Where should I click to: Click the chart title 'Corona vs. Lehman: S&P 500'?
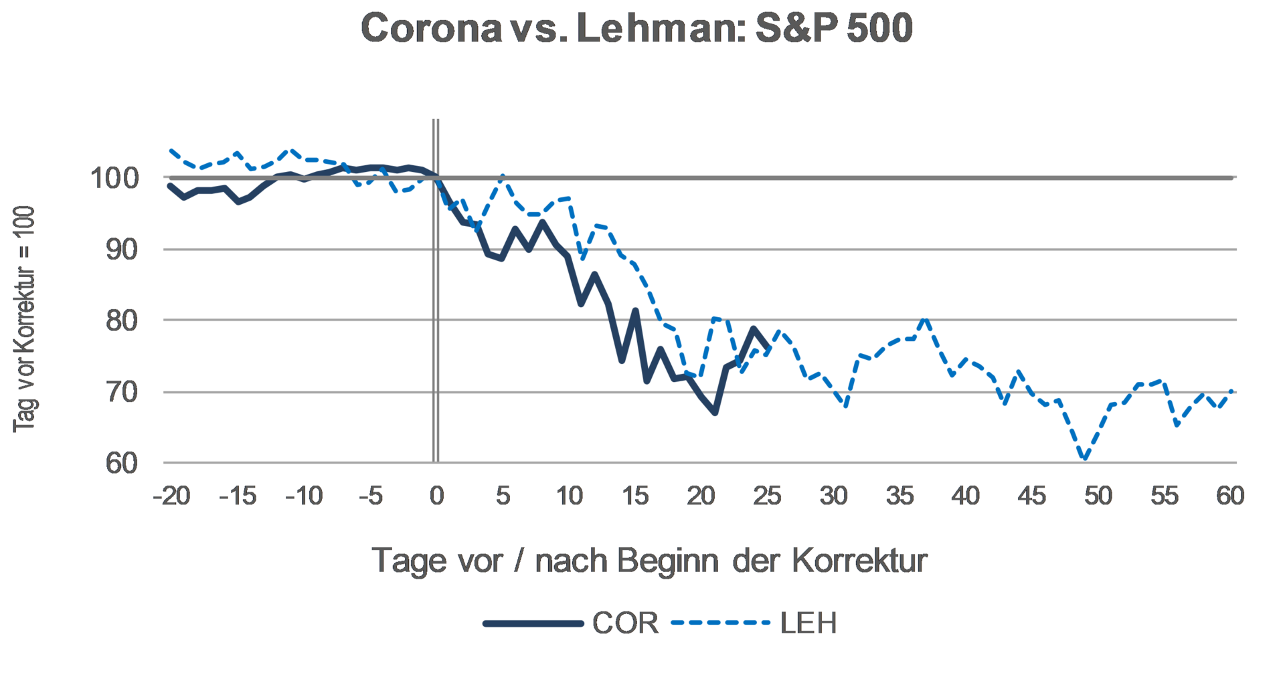pyautogui.click(x=636, y=29)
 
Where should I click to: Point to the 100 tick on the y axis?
pyautogui.click(x=114, y=179)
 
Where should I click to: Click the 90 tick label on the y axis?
pyautogui.click(x=122, y=250)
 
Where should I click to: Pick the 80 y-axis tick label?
pyautogui.click(x=122, y=321)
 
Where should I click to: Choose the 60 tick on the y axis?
pyautogui.click(x=122, y=463)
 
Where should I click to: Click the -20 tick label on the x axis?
pyautogui.click(x=172, y=496)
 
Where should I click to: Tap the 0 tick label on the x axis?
pyautogui.click(x=436, y=496)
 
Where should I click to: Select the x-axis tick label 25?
pyautogui.click(x=767, y=496)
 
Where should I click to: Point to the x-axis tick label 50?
pyautogui.click(x=1098, y=496)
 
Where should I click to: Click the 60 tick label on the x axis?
pyautogui.click(x=1230, y=496)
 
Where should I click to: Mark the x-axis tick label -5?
pyautogui.click(x=371, y=496)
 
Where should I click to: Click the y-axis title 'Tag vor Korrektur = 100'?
pyautogui.click(x=24, y=319)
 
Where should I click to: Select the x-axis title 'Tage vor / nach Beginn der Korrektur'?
pyautogui.click(x=649, y=561)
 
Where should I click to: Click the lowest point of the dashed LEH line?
pyautogui.click(x=1085, y=460)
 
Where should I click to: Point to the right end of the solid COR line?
pyautogui.click(x=767, y=347)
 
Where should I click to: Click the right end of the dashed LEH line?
pyautogui.click(x=1231, y=391)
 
